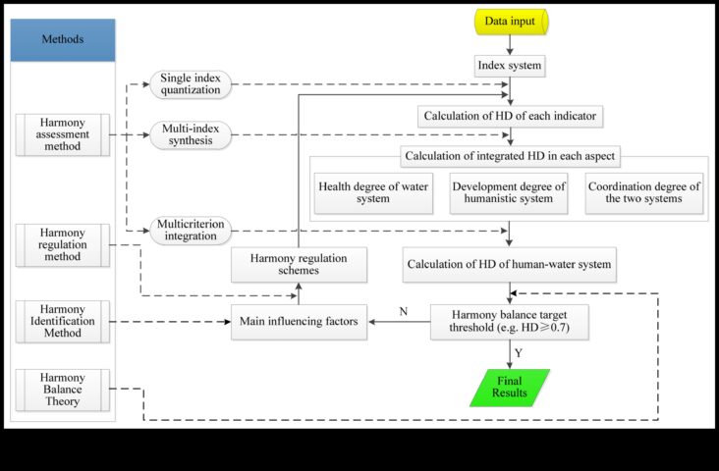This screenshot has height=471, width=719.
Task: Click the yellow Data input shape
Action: [x=511, y=22]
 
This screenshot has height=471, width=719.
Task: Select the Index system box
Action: [x=510, y=66]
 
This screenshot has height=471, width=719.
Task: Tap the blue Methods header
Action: [x=63, y=40]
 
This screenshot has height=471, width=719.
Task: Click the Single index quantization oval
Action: [x=191, y=84]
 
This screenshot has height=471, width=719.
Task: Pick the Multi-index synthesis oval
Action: [x=191, y=135]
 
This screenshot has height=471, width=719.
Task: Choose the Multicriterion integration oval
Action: [x=191, y=231]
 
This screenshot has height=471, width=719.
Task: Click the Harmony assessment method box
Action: [x=62, y=134]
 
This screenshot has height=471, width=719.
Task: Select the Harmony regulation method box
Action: [x=62, y=245]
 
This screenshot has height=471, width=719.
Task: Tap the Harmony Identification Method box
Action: [x=62, y=322]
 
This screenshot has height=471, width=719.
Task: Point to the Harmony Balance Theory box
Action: [x=62, y=390]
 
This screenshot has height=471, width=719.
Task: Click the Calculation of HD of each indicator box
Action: [x=510, y=117]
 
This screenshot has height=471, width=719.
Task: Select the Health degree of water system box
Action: [x=373, y=193]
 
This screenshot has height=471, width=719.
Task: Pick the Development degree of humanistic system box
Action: [x=509, y=193]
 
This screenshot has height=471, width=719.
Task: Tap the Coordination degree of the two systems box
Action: [x=643, y=193]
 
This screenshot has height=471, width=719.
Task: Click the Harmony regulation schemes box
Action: [x=299, y=265]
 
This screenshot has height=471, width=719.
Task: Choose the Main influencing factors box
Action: [x=299, y=322]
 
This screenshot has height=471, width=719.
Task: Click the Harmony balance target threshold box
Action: [x=510, y=322]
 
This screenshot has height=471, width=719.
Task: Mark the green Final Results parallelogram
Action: [x=510, y=388]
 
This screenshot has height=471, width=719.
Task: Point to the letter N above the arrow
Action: [x=404, y=312]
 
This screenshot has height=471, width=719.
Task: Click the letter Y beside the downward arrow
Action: [x=519, y=353]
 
